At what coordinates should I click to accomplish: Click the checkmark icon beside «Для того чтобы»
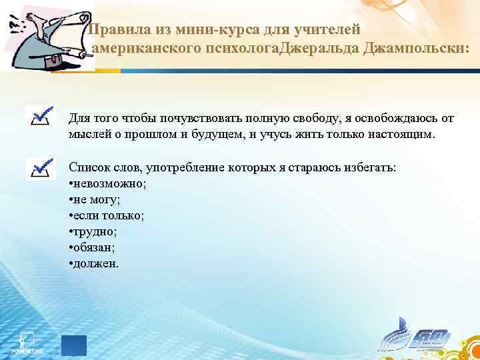(41, 117)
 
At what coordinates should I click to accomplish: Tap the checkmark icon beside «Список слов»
(41, 167)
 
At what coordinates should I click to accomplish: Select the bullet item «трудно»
(93, 231)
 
